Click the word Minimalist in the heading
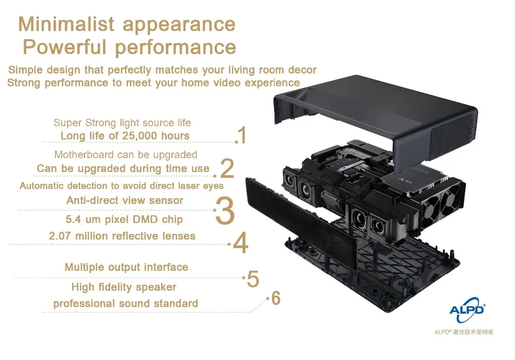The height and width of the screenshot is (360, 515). (x=66, y=24)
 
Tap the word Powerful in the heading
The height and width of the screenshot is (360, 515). (x=65, y=47)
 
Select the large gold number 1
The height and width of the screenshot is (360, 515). (x=243, y=135)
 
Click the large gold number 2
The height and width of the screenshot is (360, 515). (x=227, y=168)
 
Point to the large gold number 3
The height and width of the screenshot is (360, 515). (x=226, y=211)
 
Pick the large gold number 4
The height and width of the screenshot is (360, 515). (x=241, y=243)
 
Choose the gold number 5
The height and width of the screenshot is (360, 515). (x=253, y=279)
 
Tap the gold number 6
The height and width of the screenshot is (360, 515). (x=276, y=298)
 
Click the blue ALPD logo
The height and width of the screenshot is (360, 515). (x=467, y=310)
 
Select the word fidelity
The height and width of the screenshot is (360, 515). (x=115, y=287)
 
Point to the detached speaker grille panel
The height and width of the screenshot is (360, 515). (x=301, y=222)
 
